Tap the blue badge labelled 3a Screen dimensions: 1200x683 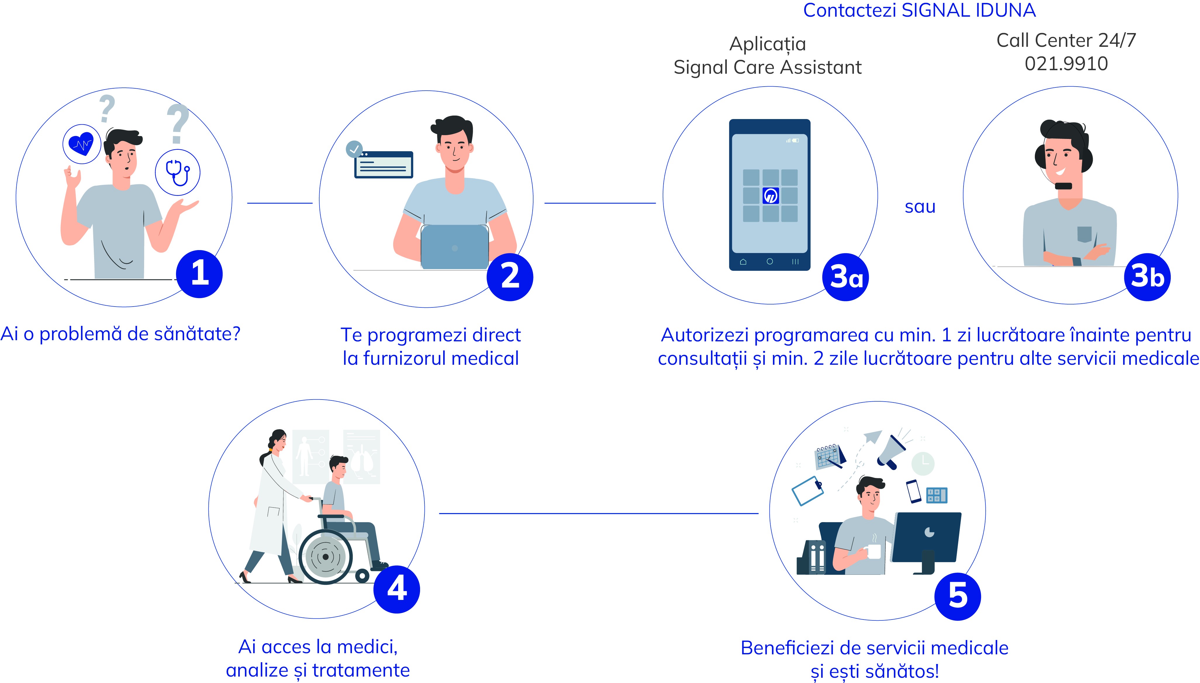(x=846, y=277)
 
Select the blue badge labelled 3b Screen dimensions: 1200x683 (x=1147, y=277)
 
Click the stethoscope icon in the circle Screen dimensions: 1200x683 (x=178, y=173)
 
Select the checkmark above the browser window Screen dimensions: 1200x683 (x=354, y=149)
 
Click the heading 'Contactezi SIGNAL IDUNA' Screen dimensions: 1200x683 (x=919, y=10)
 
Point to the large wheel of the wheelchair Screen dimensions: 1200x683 (x=325, y=557)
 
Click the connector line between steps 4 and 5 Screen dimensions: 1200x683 (x=599, y=513)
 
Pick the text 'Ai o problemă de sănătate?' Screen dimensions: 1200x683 (x=120, y=334)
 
